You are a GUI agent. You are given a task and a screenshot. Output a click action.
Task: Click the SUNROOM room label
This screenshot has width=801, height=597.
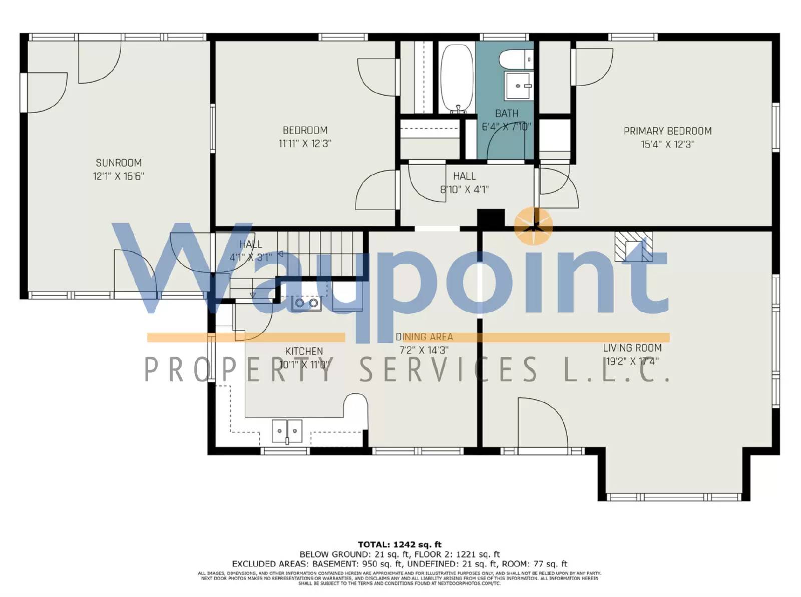point(119,163)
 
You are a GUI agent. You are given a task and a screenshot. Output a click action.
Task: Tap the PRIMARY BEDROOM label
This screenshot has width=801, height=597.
point(667,131)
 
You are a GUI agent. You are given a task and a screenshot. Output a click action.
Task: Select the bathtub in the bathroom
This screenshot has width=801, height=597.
point(457,79)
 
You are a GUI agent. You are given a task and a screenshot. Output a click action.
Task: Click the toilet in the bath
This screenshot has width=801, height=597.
point(517,59)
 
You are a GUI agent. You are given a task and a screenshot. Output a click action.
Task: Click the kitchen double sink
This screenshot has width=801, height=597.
point(287,431)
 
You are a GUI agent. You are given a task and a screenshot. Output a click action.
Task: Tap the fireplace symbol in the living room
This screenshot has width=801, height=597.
point(633,246)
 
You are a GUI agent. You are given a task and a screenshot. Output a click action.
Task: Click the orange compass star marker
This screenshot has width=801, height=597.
point(534,226)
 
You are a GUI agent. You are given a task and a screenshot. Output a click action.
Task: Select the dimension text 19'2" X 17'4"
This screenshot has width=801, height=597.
point(632,361)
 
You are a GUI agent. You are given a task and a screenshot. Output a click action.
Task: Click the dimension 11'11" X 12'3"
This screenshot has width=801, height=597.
point(305,144)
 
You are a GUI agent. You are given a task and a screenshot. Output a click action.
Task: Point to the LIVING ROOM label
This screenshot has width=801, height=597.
point(632,348)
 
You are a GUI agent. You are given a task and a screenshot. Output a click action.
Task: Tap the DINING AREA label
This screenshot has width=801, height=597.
point(424,337)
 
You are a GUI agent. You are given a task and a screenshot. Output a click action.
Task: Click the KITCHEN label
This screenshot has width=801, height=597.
point(304,351)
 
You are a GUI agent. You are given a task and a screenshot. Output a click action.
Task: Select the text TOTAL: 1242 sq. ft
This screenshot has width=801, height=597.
point(399,544)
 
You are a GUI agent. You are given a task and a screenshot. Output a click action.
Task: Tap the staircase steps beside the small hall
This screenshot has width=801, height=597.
point(320,245)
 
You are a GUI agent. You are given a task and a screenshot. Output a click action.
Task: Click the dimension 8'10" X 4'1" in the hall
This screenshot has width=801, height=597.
point(464,190)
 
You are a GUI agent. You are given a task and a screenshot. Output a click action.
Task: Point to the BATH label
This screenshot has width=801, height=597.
point(507,114)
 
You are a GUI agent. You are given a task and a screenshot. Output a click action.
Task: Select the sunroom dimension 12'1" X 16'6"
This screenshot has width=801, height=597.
point(119,176)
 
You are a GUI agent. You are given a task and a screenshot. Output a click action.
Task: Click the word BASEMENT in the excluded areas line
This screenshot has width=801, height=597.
point(333,563)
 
